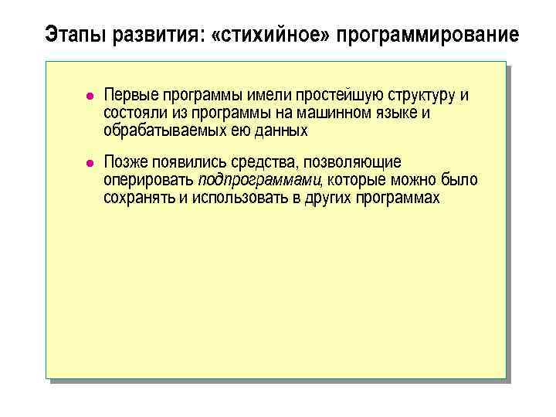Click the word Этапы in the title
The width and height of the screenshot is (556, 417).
click(71, 36)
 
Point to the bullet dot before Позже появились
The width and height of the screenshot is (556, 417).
click(90, 163)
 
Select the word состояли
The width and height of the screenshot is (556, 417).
click(131, 114)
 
